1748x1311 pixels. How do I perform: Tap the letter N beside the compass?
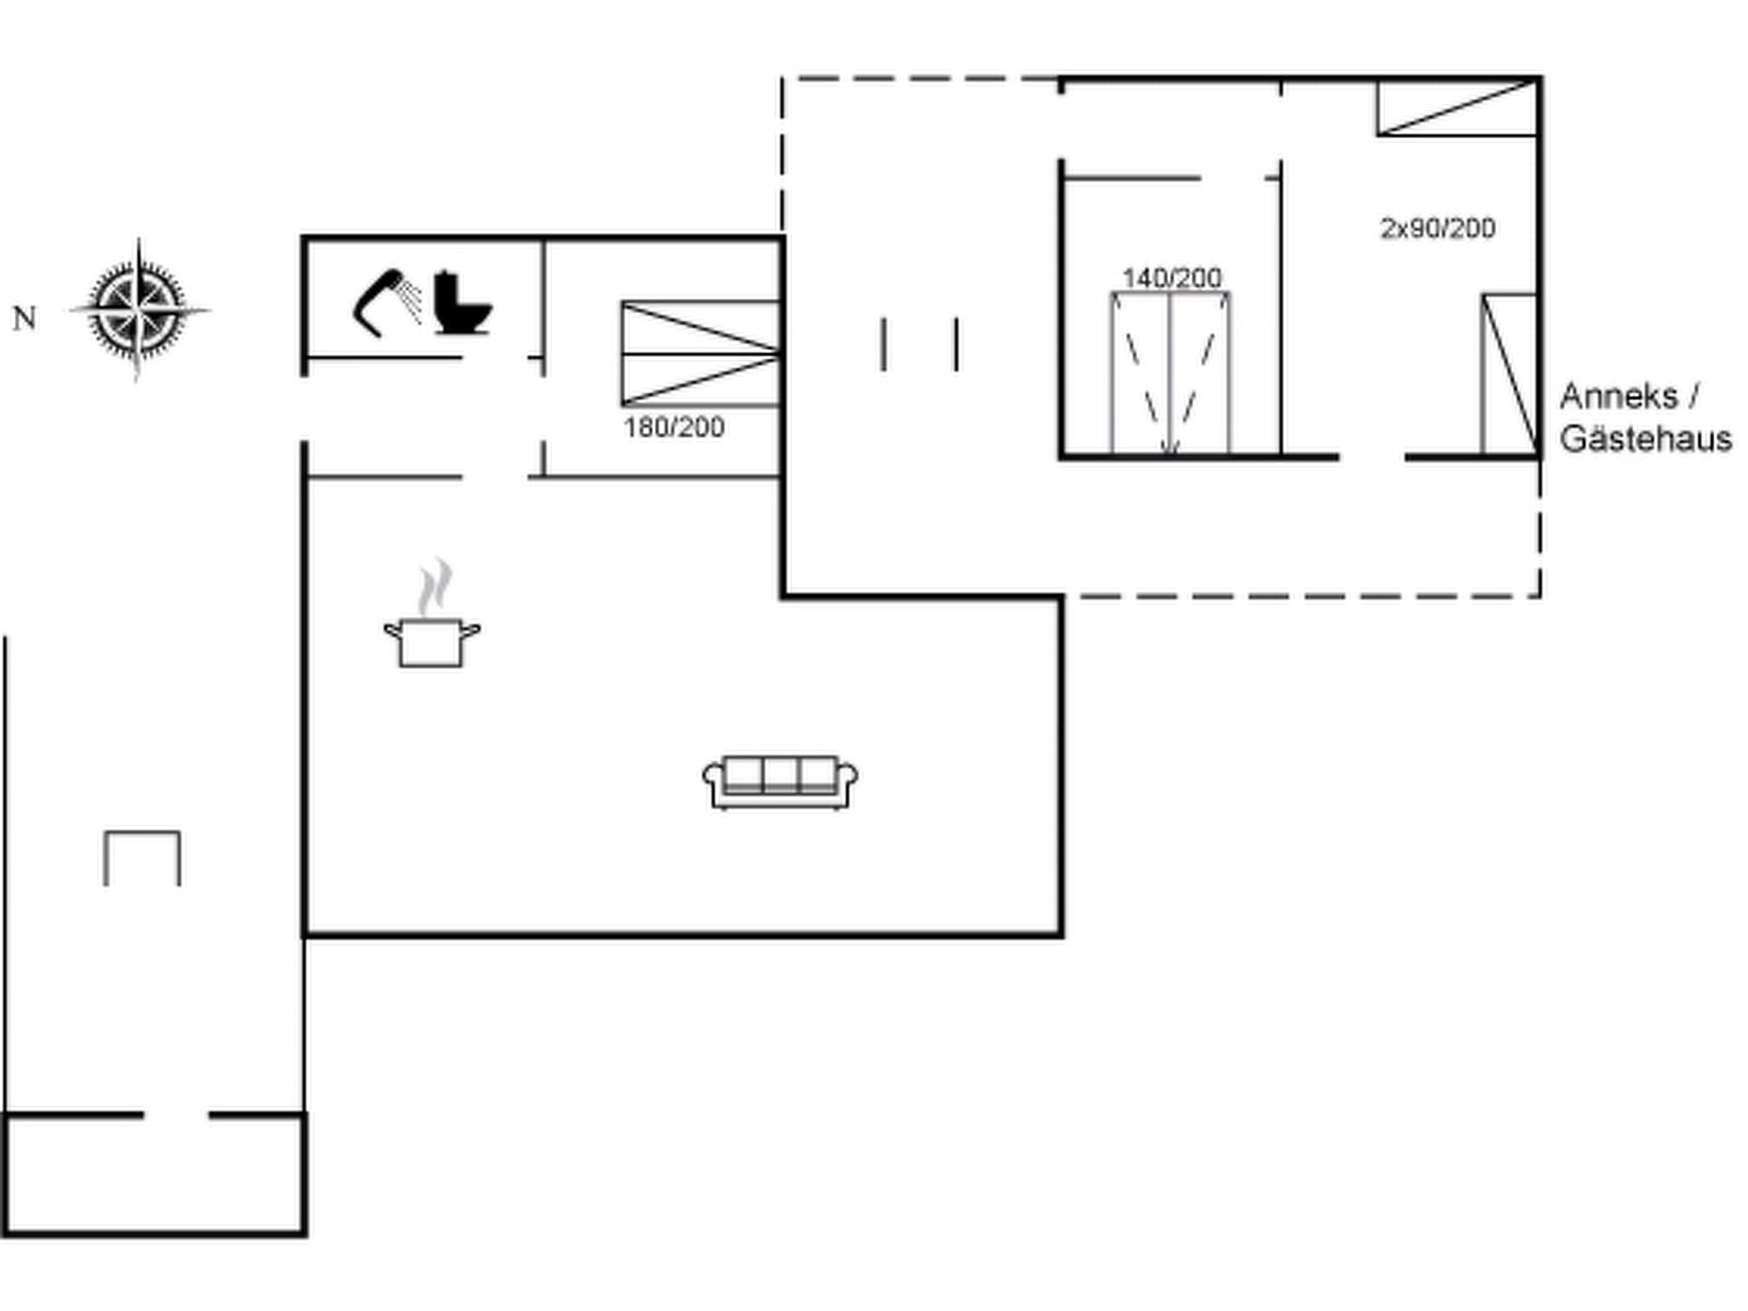tap(24, 318)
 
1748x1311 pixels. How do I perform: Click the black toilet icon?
tap(461, 303)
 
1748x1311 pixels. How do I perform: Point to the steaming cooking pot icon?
tap(432, 640)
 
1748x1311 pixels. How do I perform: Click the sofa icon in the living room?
tap(780, 781)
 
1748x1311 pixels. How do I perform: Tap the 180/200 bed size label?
tap(673, 427)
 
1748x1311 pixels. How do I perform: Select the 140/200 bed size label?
tap(1171, 277)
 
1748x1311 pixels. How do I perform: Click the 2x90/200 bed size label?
tap(1437, 228)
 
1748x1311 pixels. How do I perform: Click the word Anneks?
tap(1618, 396)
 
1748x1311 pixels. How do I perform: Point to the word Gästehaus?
tap(1646, 439)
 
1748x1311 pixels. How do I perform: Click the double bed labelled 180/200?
tap(701, 353)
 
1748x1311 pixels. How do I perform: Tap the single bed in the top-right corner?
tap(1456, 108)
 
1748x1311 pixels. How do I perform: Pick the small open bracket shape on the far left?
tap(142, 857)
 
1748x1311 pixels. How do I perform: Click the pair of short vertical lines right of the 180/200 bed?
tap(919, 345)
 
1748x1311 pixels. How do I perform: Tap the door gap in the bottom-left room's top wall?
tap(176, 1115)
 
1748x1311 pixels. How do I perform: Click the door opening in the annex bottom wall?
tap(1372, 458)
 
